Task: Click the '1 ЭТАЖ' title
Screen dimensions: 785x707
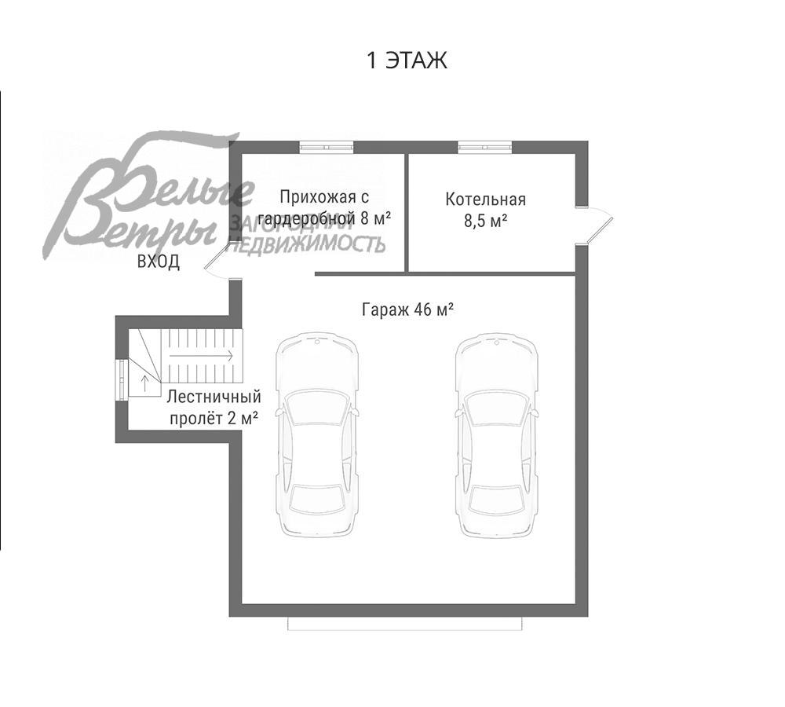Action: click(x=407, y=60)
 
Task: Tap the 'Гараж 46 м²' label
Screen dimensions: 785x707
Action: click(x=407, y=310)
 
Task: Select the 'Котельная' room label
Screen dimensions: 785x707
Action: click(x=486, y=200)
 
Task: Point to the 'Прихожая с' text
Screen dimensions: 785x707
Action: click(x=324, y=197)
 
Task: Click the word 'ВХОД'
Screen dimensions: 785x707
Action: click(x=159, y=262)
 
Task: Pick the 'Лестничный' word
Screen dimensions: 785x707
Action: click(x=214, y=397)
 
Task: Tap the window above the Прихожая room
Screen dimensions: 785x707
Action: click(x=327, y=147)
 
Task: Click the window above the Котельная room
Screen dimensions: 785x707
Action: click(x=484, y=147)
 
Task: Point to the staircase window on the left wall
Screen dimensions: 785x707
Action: click(x=122, y=379)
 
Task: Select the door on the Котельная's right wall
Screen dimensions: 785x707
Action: click(x=593, y=225)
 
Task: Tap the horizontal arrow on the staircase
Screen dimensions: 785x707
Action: click(x=201, y=356)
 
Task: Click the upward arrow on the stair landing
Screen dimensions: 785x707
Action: click(x=144, y=383)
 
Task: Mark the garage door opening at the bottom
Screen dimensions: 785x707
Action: click(x=405, y=623)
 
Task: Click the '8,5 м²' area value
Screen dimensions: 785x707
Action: click(x=486, y=221)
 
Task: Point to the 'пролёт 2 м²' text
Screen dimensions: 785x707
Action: click(x=214, y=418)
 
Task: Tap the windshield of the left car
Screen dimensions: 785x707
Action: click(x=317, y=406)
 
